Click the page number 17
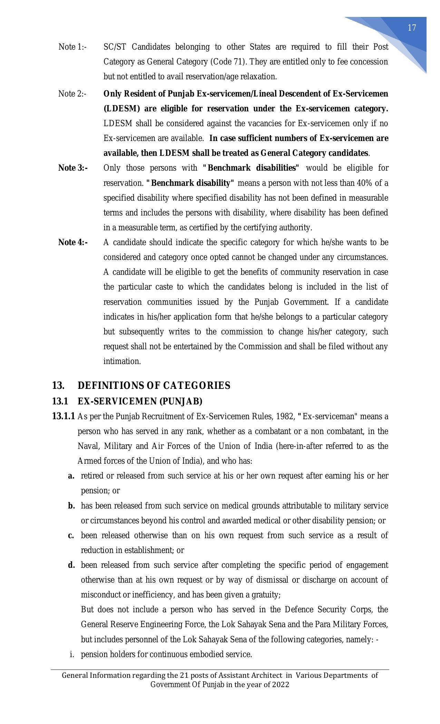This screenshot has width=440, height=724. point(412,28)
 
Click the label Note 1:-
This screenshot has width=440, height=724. point(72,47)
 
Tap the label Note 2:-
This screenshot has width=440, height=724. point(72,94)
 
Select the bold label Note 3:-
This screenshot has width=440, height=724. point(73,168)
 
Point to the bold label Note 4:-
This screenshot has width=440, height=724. point(73,242)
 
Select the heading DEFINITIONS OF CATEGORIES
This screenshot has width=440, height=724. point(154,385)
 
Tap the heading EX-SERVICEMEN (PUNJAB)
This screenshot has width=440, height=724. point(140,401)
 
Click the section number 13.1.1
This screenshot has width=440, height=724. point(63,416)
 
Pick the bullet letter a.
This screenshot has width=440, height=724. point(71,476)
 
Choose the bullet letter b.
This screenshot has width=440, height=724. point(71,506)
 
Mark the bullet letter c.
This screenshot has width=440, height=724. point(71,535)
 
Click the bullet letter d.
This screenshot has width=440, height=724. point(71,565)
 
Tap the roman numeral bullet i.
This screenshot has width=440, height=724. point(72,654)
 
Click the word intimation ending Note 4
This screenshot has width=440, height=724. point(122,361)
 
